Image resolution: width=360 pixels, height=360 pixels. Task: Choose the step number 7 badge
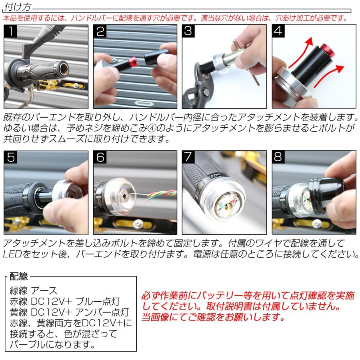coord(189,158)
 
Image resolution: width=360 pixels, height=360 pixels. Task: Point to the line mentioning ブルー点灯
coord(64,301)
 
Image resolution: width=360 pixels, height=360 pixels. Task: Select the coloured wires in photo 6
coord(160,195)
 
